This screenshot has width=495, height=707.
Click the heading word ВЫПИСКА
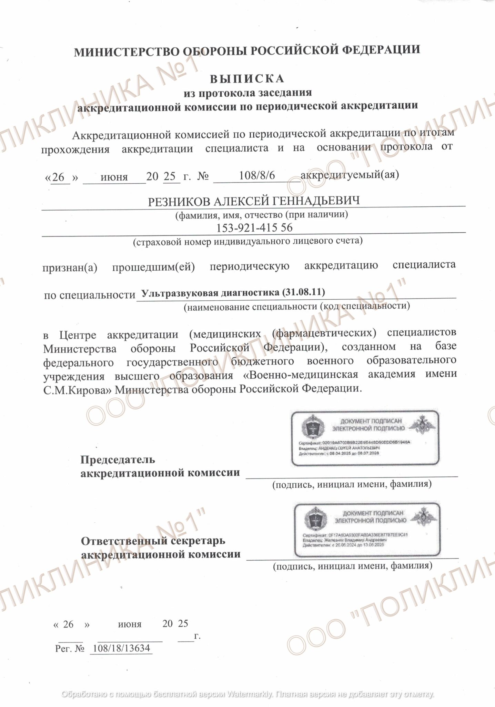[x=247, y=79]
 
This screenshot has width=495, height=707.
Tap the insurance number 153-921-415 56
[x=254, y=227]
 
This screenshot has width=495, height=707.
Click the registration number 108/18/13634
[x=121, y=648]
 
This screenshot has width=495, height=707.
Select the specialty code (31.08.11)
[x=303, y=292]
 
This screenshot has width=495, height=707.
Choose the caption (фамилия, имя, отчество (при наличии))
[x=261, y=215]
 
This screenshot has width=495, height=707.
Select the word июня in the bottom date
[x=130, y=624]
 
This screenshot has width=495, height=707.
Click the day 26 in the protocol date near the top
[x=59, y=177]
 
